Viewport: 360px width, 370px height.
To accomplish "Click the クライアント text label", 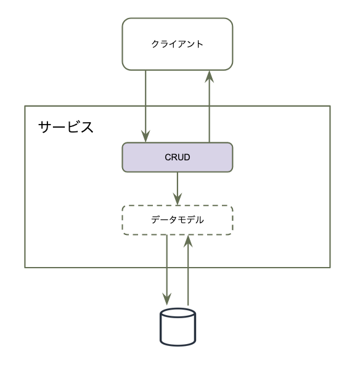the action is [x=177, y=44].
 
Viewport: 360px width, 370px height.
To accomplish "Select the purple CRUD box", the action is [x=178, y=157].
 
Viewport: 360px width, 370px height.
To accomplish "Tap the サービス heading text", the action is [x=66, y=127].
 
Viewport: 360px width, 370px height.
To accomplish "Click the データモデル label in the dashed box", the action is [x=178, y=220].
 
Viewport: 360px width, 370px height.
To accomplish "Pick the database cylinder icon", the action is [x=178, y=327].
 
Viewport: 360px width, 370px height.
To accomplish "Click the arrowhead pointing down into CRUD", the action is [x=145, y=136].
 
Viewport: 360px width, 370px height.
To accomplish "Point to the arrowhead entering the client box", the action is [x=209, y=76].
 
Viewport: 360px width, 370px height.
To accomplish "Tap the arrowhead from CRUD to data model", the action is [x=178, y=199].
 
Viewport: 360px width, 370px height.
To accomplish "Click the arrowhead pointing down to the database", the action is [x=167, y=299].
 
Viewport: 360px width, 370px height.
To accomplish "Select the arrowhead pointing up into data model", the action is [x=188, y=241].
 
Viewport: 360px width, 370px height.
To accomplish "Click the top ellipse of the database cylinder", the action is [x=178, y=313].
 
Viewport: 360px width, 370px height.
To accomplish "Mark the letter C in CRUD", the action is [x=168, y=157].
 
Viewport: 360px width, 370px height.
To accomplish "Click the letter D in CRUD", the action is [x=187, y=157].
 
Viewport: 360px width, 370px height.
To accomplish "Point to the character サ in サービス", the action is [x=45, y=127].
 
